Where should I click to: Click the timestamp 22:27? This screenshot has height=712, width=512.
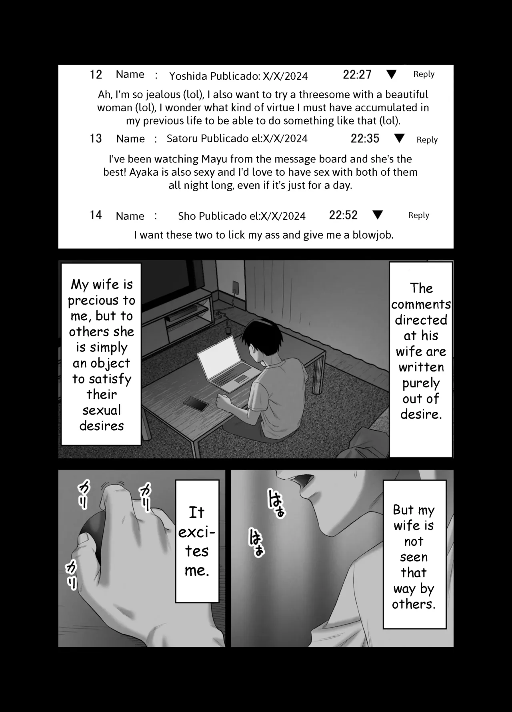click(x=357, y=74)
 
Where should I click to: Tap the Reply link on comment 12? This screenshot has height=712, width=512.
click(x=424, y=74)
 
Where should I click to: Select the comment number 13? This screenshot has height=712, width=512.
click(x=96, y=138)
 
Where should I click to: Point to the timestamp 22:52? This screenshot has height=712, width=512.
click(x=343, y=215)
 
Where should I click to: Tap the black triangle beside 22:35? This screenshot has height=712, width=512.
click(x=399, y=138)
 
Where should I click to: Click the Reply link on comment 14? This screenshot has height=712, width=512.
click(x=418, y=215)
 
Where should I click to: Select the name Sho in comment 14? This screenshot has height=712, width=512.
click(x=187, y=216)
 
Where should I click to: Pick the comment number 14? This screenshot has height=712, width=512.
click(x=96, y=215)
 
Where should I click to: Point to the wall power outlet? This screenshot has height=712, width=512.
click(x=236, y=287)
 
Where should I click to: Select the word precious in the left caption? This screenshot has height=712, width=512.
click(x=102, y=301)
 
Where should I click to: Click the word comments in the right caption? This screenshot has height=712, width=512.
click(x=421, y=305)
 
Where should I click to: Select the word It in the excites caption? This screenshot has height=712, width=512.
click(x=196, y=512)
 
